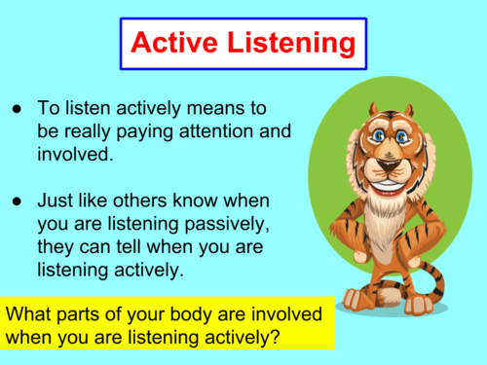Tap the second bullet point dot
coord(19,202)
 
